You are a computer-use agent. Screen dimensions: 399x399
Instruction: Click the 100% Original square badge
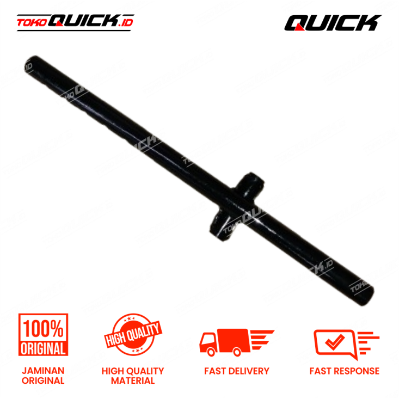coord(44,335)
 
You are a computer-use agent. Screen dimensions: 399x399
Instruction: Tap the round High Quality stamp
coord(133,333)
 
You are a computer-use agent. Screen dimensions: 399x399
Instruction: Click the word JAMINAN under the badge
coord(44,370)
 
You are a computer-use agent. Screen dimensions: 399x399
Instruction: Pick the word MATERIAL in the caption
coord(133,380)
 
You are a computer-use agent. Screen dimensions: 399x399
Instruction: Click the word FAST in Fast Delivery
coord(215,371)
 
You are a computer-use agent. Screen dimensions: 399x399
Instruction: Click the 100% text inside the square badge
coord(44,328)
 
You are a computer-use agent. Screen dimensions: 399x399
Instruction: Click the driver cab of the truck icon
coord(211,341)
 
